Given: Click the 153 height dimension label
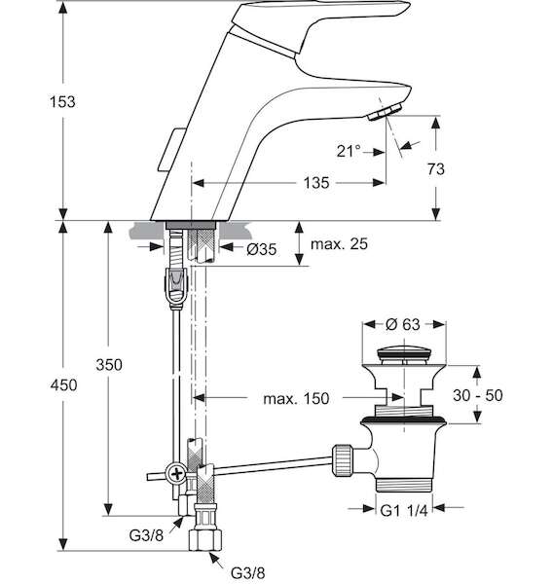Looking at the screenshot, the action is click(62, 101).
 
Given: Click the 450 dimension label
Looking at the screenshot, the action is click(63, 385).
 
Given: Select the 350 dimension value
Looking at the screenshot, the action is click(109, 365).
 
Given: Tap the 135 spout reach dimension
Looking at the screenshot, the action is click(316, 183).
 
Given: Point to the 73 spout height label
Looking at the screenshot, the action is click(436, 169).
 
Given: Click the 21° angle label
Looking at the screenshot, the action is click(349, 151).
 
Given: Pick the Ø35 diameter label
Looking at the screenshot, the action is click(262, 249).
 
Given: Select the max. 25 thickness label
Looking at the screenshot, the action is click(339, 244).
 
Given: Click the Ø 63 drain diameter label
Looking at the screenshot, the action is click(403, 324).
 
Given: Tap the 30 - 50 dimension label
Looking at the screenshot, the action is click(477, 395).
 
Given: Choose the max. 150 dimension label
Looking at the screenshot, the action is click(296, 398).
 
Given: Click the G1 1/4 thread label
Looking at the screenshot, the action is click(404, 511).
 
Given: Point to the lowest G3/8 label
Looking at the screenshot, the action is click(247, 573).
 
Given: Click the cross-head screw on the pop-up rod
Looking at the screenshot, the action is click(176, 474).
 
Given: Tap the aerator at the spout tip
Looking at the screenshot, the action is click(386, 112).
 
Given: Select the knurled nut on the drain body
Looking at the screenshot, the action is click(343, 459).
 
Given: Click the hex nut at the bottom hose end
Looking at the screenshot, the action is click(205, 540).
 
